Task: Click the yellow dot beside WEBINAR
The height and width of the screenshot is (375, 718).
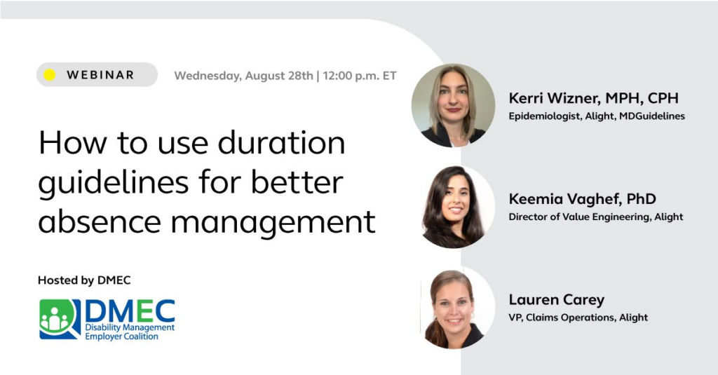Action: pos(50,74)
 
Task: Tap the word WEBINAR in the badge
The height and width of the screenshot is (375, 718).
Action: pos(100,74)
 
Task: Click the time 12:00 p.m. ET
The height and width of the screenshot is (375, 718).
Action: pos(360,76)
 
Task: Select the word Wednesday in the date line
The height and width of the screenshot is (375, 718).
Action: pos(208,76)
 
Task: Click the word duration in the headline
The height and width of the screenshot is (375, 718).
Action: pos(281,142)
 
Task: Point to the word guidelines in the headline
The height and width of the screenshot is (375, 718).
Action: pos(113,183)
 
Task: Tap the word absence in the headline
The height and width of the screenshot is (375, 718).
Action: pos(100,221)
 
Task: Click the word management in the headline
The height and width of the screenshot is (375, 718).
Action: pos(273,223)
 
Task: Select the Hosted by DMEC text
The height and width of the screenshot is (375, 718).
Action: pos(84,280)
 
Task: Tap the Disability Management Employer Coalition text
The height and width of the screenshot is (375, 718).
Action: pos(130,332)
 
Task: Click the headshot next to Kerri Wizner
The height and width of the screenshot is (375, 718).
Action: pos(454,105)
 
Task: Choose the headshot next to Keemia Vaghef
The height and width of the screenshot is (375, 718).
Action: pos(454,207)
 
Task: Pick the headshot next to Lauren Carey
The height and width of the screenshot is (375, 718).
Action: pos(454,308)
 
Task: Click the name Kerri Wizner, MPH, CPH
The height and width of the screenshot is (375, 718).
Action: pos(593,98)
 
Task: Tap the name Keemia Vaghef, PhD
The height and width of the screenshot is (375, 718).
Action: pos(582,199)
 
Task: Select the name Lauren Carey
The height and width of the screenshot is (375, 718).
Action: pos(556,300)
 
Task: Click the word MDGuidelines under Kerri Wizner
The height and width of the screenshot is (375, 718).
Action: pos(652,116)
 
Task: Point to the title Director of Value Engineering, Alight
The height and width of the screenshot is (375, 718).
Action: pos(596,217)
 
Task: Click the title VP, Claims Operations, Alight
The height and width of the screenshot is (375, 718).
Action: pos(578,318)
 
